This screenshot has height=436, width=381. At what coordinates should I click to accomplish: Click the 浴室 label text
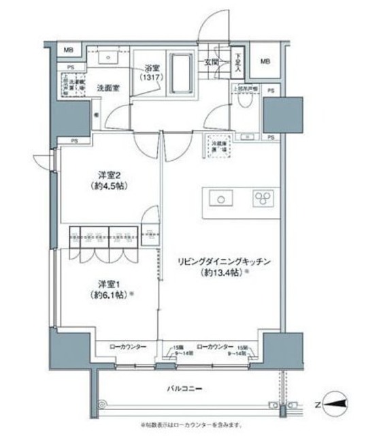(152, 68)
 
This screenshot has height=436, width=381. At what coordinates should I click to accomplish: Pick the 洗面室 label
(108, 88)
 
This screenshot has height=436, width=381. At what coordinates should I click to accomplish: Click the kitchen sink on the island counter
(220, 198)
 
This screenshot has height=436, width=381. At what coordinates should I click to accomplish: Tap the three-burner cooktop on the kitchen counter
(263, 198)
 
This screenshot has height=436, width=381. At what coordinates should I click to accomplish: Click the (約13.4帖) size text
(218, 273)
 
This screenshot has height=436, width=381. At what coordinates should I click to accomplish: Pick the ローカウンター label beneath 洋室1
(128, 347)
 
